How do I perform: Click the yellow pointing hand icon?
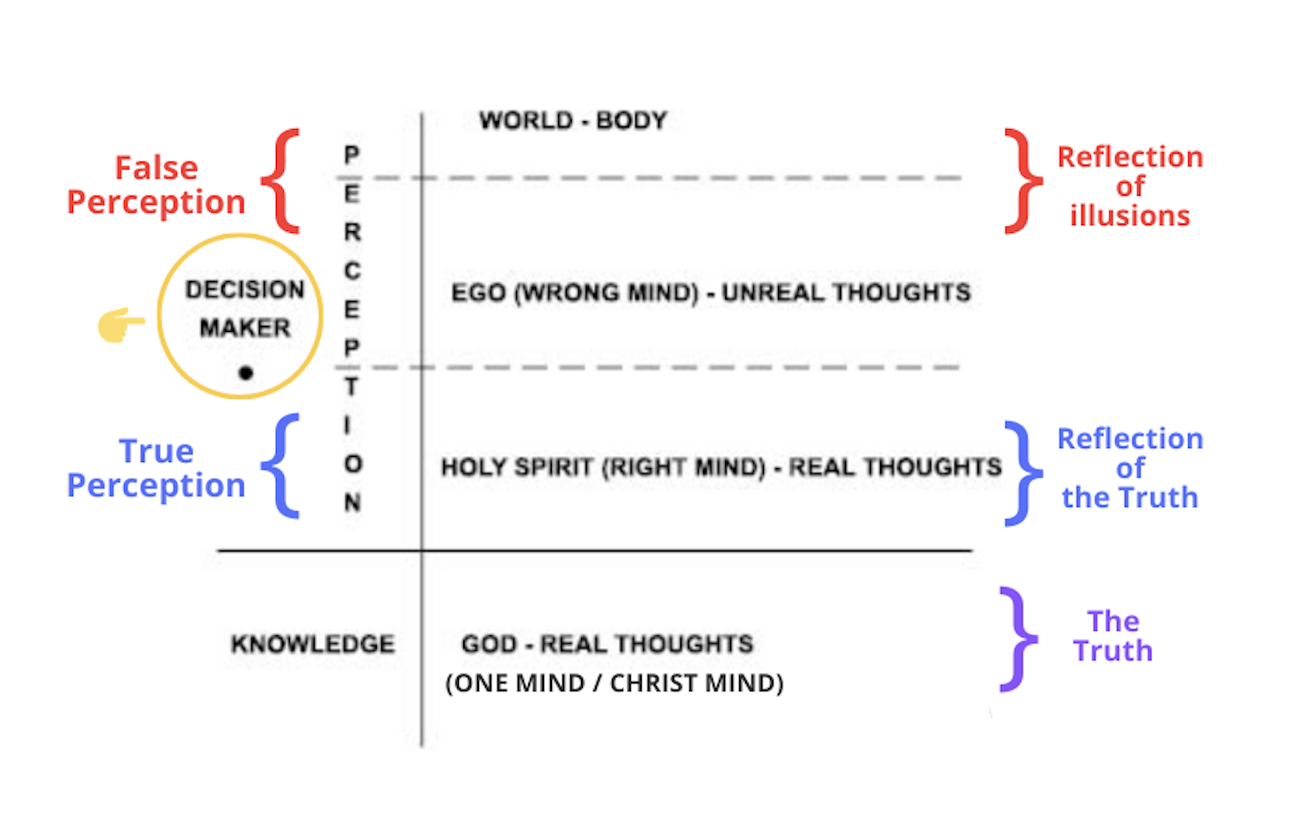coord(120,325)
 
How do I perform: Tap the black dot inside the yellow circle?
coord(246,373)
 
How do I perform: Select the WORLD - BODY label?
coord(573,120)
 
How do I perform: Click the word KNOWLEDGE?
coord(313,644)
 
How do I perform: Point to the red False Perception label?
coord(156,184)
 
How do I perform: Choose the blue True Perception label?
coord(156,468)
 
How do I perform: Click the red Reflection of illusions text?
coord(1129,186)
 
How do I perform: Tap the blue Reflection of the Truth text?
coord(1129,468)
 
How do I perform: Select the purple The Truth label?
coord(1113,636)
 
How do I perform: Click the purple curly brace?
coord(1018,639)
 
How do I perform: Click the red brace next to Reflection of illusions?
coord(1021,181)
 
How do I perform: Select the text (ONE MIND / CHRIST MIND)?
coord(614,683)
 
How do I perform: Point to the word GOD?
coord(489,644)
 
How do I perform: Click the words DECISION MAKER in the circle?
coord(244,308)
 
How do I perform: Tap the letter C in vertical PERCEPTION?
coord(352,271)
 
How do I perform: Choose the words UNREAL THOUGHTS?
coord(846,293)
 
